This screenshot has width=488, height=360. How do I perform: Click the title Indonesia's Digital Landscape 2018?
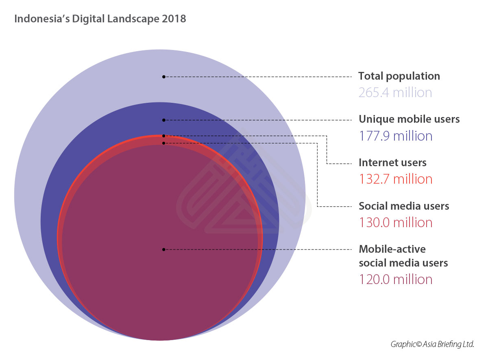pyautogui.click(x=100, y=19)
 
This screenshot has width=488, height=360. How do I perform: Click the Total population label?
pyautogui.click(x=399, y=76)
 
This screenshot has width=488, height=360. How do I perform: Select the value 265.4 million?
pyautogui.click(x=395, y=93)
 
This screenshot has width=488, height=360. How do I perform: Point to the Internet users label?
pyautogui.click(x=392, y=163)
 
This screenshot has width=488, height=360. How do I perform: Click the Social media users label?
pyautogui.click(x=404, y=206)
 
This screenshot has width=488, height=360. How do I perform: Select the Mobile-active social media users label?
pyautogui.click(x=403, y=256)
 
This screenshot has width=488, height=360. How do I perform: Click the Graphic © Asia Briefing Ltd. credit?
pyautogui.click(x=433, y=344)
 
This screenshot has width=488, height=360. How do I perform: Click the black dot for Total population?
pyautogui.click(x=163, y=76)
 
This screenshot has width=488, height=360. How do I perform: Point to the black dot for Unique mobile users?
pyautogui.click(x=163, y=120)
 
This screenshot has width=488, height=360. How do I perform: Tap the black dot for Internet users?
pyautogui.click(x=163, y=136)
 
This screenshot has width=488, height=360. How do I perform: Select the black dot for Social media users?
pyautogui.click(x=163, y=143)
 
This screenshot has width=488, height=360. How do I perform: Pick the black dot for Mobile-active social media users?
pyautogui.click(x=163, y=249)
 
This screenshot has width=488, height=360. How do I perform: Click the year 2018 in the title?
pyautogui.click(x=173, y=19)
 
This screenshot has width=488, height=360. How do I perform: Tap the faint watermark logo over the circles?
pyautogui.click(x=244, y=187)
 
